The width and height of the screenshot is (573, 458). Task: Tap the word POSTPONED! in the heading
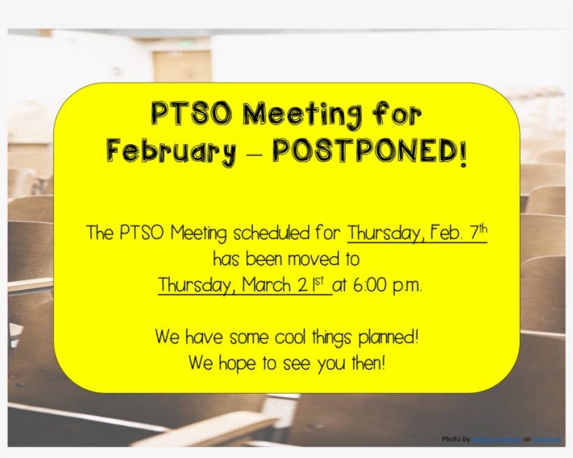pyautogui.click(x=368, y=152)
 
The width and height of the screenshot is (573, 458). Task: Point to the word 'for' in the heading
pyautogui.click(x=397, y=114)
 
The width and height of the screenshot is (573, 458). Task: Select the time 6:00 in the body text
pyautogui.click(x=366, y=286)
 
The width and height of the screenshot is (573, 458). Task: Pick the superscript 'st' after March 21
pyautogui.click(x=322, y=281)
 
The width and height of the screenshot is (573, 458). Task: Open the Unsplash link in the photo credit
pyautogui.click(x=548, y=439)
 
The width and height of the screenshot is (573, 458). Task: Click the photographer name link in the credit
pyautogui.click(x=501, y=439)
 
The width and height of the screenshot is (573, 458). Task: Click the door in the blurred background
pyautogui.click(x=182, y=66)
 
